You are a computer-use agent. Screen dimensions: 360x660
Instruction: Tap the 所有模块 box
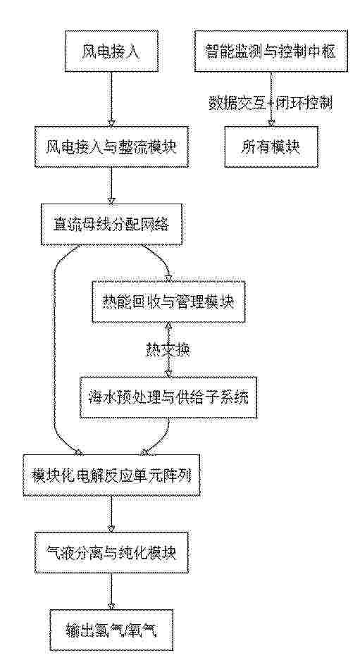coord(271,147)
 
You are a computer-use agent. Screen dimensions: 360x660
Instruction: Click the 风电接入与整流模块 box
coord(111,147)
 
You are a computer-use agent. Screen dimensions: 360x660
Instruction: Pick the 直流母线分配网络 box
coord(111,225)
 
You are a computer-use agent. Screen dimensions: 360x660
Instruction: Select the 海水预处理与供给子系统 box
coord(168,397)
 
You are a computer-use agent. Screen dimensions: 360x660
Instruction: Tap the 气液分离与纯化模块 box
coord(111,553)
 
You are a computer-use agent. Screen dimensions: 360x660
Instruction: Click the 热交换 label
coord(168,350)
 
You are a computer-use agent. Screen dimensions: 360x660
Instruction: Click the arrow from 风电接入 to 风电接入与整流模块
coord(111,99)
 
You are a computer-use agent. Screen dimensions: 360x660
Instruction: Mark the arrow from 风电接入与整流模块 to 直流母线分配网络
coord(111,185)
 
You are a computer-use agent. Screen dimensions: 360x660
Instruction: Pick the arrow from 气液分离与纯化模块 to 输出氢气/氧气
coord(111,592)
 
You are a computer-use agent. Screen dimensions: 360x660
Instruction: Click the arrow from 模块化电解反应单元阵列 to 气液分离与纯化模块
coord(111,513)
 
